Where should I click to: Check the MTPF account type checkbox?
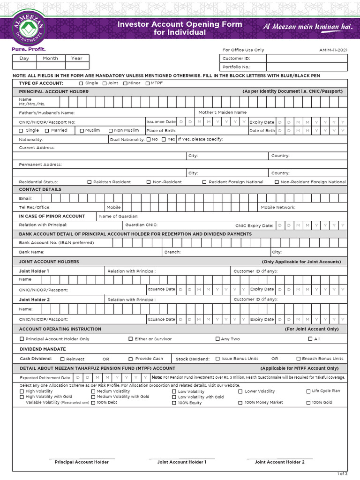(x=147, y=83)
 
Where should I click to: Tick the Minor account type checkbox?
(x=125, y=83)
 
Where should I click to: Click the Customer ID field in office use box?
(x=307, y=59)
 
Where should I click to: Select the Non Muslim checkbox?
(x=111, y=131)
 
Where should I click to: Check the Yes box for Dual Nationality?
(x=164, y=139)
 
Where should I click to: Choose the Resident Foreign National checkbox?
(x=204, y=182)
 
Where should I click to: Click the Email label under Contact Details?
(x=25, y=199)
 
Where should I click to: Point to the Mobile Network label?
(x=278, y=207)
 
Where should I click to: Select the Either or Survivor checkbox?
(x=131, y=339)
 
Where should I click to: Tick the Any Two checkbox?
(x=217, y=339)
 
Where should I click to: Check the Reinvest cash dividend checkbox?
(x=62, y=359)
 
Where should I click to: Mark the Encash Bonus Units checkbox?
(x=298, y=359)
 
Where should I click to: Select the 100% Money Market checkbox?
(x=240, y=403)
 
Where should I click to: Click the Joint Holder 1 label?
(x=34, y=271)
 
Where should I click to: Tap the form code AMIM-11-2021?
(x=333, y=50)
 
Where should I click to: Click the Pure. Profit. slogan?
(x=29, y=49)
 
